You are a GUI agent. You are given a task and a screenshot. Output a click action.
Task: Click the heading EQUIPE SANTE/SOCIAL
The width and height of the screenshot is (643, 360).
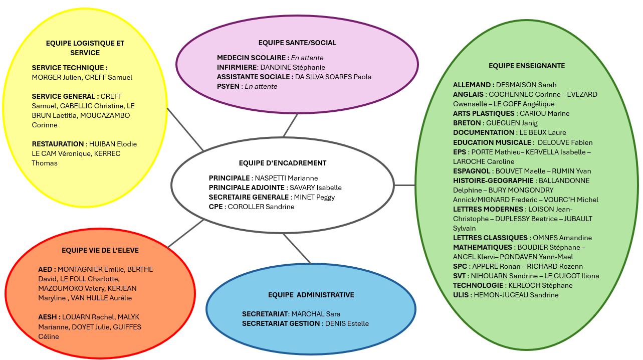[297, 43]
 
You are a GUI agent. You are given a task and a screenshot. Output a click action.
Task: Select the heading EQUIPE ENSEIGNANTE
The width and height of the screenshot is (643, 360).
[526, 66]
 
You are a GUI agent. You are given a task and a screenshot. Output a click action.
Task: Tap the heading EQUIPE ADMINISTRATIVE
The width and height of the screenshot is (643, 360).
[311, 295]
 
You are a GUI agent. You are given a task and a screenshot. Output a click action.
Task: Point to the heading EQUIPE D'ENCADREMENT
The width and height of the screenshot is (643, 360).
[283, 163]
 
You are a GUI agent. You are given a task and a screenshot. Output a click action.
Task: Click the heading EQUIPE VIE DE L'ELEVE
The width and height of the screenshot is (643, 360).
[100, 250]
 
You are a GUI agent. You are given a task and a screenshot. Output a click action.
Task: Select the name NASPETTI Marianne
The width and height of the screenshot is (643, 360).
[286, 178]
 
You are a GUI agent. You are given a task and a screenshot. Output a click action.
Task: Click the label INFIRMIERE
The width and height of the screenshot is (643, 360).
[237, 67]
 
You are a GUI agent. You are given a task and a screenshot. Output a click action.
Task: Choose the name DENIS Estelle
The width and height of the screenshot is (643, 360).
[347, 323]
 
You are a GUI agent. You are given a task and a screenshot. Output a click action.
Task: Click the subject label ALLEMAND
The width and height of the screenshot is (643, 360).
[473, 85]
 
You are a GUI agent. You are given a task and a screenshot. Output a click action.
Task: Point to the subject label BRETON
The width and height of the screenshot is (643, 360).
[468, 123]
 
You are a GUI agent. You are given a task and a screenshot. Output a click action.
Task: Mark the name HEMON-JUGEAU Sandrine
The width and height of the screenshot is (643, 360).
[516, 295]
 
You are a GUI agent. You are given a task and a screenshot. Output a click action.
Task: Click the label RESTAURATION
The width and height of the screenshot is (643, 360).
[58, 144]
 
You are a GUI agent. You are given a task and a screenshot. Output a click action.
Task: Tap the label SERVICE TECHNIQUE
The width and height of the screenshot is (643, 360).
[69, 68]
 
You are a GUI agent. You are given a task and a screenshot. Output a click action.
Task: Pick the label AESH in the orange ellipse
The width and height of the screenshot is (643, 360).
[49, 317]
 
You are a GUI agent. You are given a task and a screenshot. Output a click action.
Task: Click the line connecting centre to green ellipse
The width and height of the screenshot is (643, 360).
[405, 185]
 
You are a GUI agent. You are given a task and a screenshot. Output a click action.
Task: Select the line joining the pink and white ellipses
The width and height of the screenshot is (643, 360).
[291, 125]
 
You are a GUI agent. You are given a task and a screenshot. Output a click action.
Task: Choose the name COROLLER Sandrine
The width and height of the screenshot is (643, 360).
[261, 207]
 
